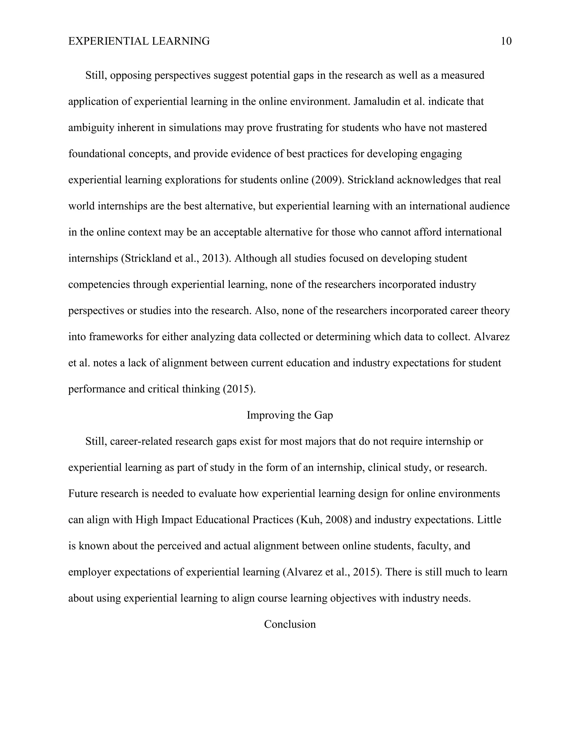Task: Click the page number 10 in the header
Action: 506,41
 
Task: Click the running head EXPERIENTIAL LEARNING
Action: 139,41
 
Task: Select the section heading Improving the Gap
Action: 290,415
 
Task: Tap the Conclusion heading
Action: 290,624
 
